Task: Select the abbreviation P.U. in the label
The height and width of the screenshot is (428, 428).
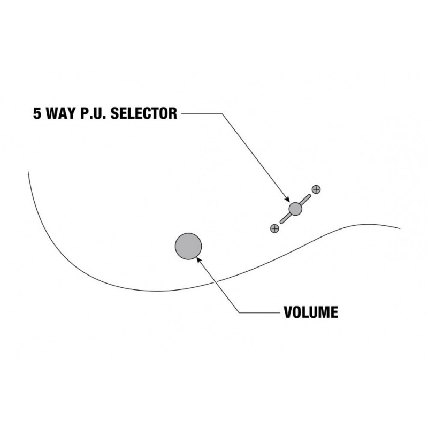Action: click(x=89, y=114)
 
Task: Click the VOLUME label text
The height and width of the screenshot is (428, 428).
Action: click(x=311, y=312)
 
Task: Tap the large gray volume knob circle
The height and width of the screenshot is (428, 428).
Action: click(x=188, y=246)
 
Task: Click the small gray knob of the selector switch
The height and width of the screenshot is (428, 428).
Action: click(x=295, y=209)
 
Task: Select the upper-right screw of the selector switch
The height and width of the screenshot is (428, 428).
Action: click(x=316, y=189)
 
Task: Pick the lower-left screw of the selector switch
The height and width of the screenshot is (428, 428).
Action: click(x=275, y=228)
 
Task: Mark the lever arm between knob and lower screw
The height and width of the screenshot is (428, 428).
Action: click(x=285, y=218)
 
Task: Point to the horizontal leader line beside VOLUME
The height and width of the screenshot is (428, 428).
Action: click(x=259, y=312)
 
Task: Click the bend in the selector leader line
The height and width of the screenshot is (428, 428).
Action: click(x=220, y=113)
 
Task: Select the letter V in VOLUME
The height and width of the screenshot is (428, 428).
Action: click(x=288, y=312)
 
